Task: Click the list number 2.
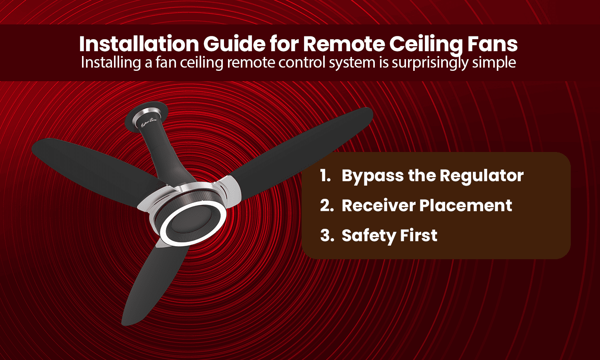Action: (326, 206)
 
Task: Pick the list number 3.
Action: (327, 236)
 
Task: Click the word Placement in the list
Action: (466, 206)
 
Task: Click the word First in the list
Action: (420, 236)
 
